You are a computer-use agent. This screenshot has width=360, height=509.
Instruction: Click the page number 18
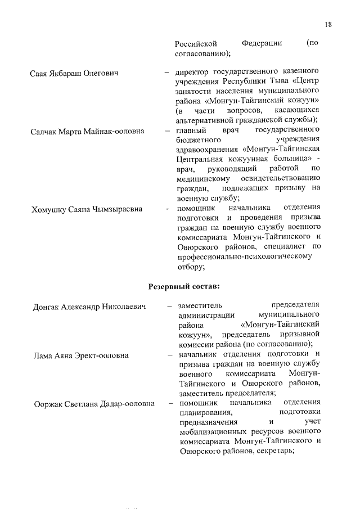[x=329, y=24]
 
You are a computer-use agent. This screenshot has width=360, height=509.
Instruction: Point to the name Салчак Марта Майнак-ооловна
[x=87, y=131]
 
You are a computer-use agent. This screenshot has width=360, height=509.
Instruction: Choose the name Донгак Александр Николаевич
[x=88, y=307]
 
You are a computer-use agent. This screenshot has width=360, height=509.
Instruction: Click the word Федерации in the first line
[x=262, y=43]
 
